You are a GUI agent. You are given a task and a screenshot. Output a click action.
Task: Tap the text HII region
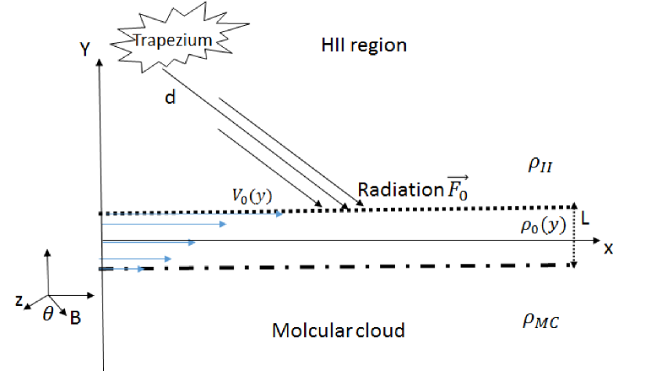[x=364, y=45]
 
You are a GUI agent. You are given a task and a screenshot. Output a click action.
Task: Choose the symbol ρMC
[x=541, y=321]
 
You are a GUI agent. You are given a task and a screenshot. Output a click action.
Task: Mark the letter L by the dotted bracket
[x=586, y=222]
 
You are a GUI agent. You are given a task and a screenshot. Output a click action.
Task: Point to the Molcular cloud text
[x=338, y=330]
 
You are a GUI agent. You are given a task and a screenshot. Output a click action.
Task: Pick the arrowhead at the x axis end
[x=595, y=248]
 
